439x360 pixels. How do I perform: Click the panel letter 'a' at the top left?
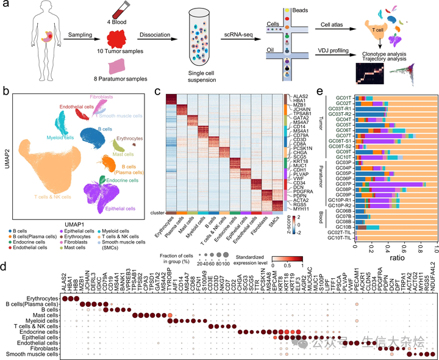click(5, 5)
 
